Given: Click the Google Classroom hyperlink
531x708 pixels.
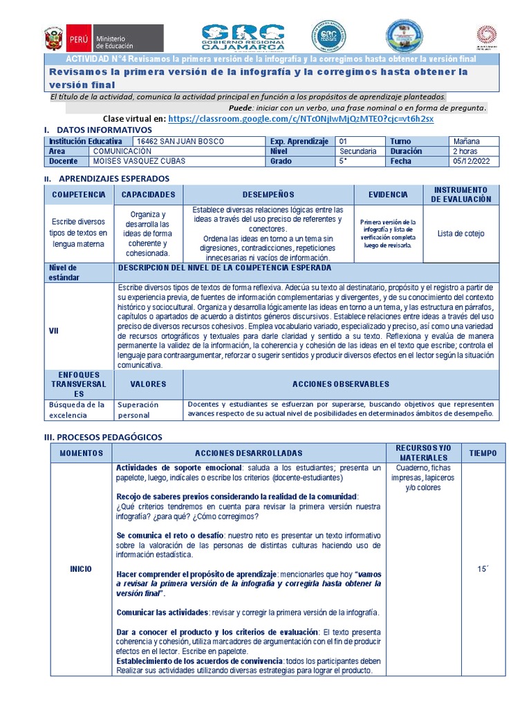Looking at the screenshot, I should [301, 119].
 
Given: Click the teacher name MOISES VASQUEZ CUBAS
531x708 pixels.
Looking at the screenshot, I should [139, 161].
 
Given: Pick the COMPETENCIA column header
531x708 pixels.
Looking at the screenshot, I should [78, 195].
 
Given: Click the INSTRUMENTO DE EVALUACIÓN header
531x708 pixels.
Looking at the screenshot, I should [460, 194].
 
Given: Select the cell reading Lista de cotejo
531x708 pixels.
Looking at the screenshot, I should [460, 234].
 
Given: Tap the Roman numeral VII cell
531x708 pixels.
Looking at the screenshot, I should [54, 330].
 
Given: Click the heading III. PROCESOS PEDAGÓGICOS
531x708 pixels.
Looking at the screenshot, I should [102, 437].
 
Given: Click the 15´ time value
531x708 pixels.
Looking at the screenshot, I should [483, 569].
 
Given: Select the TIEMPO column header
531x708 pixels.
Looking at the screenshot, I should [483, 453].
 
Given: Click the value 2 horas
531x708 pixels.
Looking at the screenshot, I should [465, 151].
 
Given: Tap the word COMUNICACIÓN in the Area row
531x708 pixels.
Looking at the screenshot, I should [122, 151].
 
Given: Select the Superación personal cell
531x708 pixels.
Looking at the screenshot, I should [138, 410].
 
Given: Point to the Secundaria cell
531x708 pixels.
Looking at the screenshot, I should [358, 151].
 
